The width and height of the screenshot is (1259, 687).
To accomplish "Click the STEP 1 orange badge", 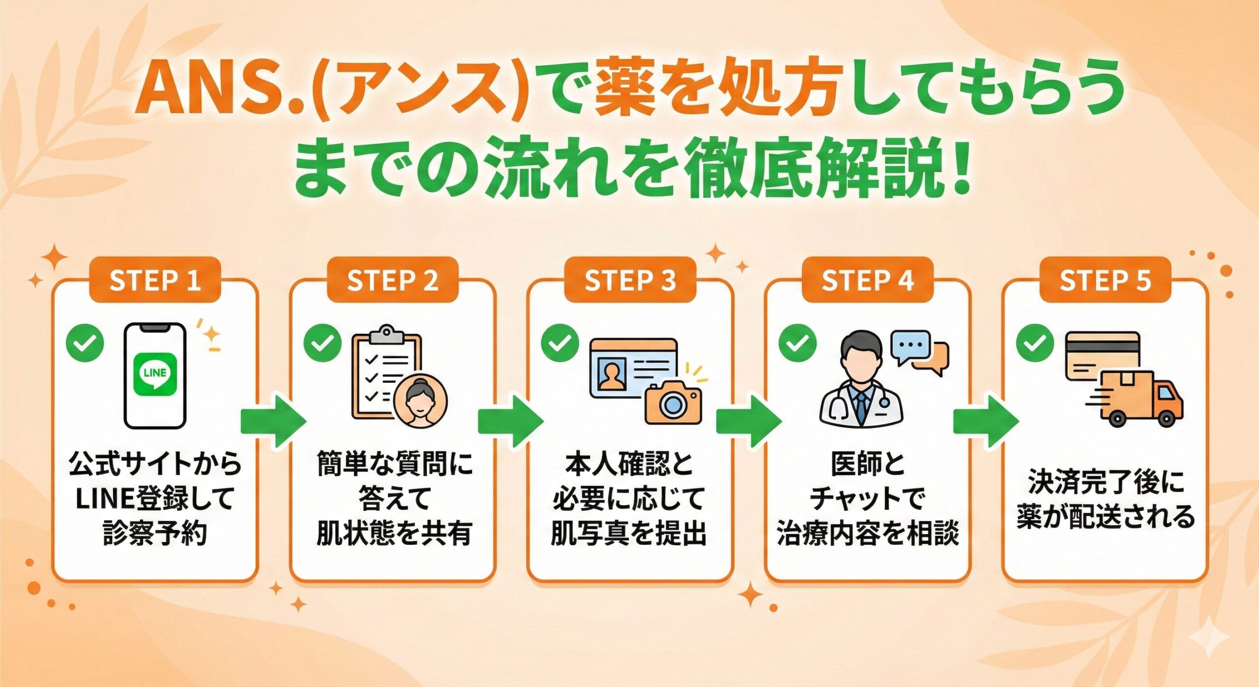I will click(155, 281).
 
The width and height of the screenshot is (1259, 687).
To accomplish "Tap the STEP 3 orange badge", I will click(630, 281).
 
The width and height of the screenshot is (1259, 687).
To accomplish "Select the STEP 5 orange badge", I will click(1105, 281).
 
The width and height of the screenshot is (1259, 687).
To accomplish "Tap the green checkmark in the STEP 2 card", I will click(322, 343).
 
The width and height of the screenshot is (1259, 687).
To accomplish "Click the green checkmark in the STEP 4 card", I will click(797, 343).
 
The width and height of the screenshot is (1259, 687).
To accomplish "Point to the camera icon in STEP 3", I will click(673, 403).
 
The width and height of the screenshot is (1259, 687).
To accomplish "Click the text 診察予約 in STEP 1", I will click(155, 533).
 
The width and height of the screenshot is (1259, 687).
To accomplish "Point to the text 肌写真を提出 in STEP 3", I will click(629, 533).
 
